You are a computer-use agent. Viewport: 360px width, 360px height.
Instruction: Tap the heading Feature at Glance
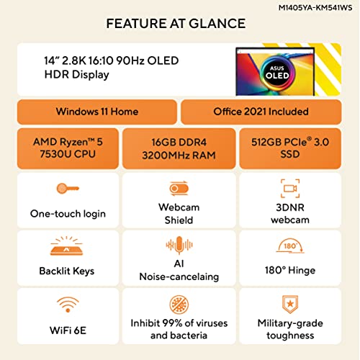176,24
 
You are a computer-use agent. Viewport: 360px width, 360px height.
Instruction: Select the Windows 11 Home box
98,112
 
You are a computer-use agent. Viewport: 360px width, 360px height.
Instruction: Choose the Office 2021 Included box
260,112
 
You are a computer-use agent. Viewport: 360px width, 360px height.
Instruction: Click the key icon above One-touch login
67,189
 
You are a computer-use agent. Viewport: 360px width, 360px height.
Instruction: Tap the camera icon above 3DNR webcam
290,189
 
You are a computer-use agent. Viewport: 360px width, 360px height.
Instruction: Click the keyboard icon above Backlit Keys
67,246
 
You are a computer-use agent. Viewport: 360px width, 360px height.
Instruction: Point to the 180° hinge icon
290,246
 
